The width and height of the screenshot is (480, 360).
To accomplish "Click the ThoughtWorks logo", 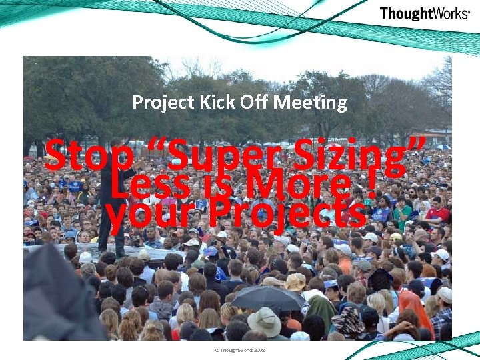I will pos(424,13).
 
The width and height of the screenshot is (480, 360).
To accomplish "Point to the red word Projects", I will pos(287,213).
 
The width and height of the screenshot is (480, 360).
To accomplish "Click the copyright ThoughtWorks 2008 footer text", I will pos(239,349).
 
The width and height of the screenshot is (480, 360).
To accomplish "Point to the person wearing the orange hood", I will pos(415,307).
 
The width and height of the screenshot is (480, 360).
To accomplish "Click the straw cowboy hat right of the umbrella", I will pos(295,282).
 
